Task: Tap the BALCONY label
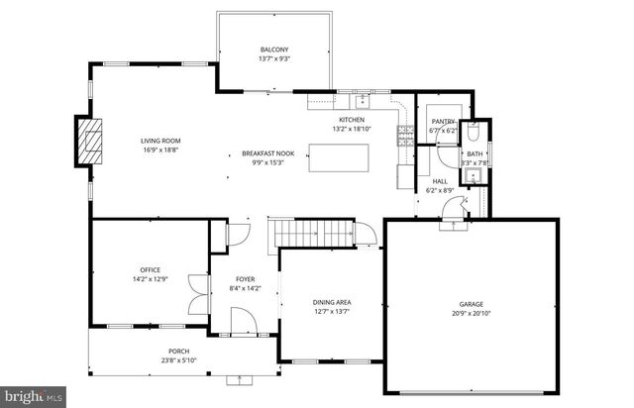pos(274,50)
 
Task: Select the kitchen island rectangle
pos(339,157)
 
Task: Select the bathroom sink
pos(474,176)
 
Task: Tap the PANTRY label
pos(442,122)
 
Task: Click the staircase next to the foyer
pos(313,234)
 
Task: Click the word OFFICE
pos(150,270)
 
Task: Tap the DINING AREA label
pos(332,302)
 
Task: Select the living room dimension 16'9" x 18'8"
pos(158,150)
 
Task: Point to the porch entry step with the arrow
pos(240,378)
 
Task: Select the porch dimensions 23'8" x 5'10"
pos(178,359)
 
